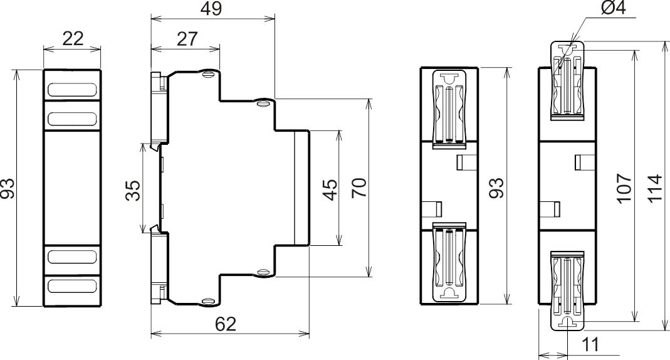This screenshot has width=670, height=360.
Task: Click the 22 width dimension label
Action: tap(73, 39)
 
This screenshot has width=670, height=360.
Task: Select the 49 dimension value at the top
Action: tap(211, 9)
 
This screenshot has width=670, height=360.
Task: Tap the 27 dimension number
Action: tap(187, 39)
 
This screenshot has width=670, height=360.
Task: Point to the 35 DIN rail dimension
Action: tap(133, 190)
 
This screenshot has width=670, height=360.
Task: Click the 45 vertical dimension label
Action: tap(330, 190)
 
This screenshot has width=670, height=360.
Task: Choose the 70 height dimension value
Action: tap(359, 188)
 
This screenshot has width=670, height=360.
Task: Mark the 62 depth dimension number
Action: tap(226, 324)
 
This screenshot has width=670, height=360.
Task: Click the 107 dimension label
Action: tap(624, 188)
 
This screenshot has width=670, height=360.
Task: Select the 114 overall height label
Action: tap(654, 189)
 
